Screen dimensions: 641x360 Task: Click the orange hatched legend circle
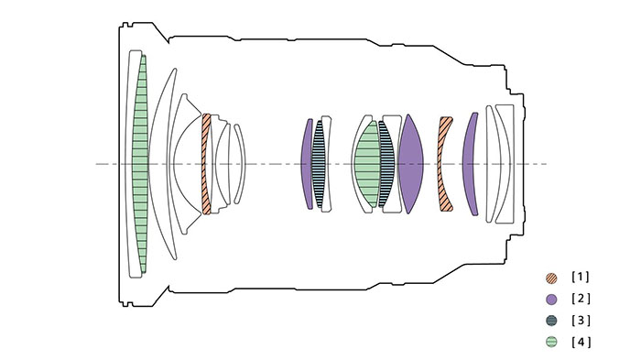click(x=551, y=278)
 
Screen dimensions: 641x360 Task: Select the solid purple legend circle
click(x=551, y=299)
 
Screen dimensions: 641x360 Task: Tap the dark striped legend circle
click(x=551, y=321)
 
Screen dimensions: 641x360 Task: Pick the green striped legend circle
click(x=551, y=342)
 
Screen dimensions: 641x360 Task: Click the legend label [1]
click(x=581, y=278)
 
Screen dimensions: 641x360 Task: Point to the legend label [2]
click(x=581, y=299)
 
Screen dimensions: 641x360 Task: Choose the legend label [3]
click(x=581, y=321)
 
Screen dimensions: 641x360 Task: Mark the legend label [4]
click(x=581, y=342)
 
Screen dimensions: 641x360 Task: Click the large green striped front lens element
click(x=140, y=164)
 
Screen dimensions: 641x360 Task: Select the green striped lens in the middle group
click(x=367, y=164)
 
